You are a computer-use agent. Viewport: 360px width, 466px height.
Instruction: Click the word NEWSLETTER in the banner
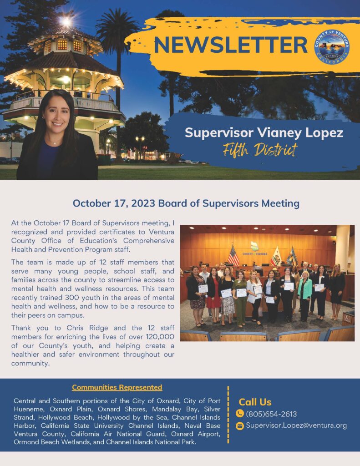pos(231,44)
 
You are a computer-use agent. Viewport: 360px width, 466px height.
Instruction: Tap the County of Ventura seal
pos(335,47)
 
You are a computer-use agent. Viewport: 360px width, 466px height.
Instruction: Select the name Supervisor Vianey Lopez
pos(264,133)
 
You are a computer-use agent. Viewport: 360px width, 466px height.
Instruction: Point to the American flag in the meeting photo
pos(233,256)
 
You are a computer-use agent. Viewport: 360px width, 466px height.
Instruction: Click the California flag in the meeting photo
pos(276,257)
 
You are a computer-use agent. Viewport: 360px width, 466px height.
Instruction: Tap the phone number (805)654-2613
pos(271,414)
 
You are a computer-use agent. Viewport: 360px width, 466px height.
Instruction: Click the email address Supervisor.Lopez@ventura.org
pos(296,425)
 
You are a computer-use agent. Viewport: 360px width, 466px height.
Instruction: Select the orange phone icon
pos(240,414)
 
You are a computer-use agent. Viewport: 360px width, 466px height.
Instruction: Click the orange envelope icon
pos(240,426)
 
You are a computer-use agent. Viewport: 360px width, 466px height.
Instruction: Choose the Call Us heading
pos(255,402)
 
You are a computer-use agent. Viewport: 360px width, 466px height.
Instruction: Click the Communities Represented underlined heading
pos(117,387)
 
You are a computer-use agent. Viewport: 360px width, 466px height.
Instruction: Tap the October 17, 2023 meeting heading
pos(186,203)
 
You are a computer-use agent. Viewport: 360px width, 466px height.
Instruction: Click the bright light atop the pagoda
pos(66,21)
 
